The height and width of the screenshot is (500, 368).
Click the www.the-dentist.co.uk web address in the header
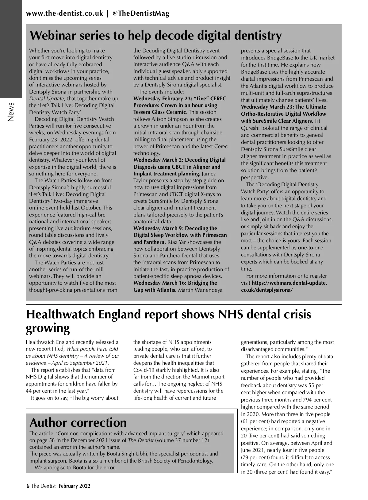point(64,13)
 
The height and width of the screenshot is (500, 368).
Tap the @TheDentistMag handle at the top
point(141,13)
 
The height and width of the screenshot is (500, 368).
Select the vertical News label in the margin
point(11,112)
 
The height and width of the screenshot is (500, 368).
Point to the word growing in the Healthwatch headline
point(48,328)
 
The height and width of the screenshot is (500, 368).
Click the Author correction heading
point(78,422)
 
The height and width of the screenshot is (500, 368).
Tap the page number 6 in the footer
point(28,486)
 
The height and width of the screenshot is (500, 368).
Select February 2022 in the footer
point(75,486)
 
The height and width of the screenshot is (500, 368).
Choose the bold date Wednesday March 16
point(161,283)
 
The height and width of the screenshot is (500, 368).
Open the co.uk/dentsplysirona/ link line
point(267,290)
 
